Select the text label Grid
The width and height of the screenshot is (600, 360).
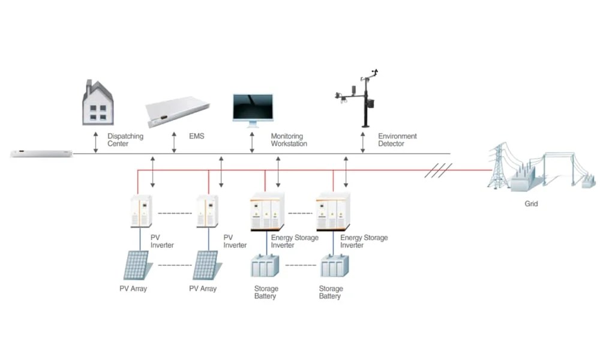click(x=531, y=204)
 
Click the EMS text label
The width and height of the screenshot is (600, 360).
click(x=196, y=137)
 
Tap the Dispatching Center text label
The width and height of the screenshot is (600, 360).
click(x=125, y=140)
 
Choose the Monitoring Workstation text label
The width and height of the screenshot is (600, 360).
click(x=289, y=140)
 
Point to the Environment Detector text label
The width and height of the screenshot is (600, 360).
click(x=397, y=140)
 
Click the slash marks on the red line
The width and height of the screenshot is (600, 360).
click(x=438, y=170)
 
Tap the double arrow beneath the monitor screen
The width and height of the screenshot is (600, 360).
click(x=253, y=143)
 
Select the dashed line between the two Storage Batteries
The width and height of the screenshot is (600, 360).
click(x=299, y=265)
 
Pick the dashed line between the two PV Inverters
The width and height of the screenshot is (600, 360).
click(x=175, y=212)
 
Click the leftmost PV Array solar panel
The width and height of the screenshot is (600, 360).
click(x=136, y=265)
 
